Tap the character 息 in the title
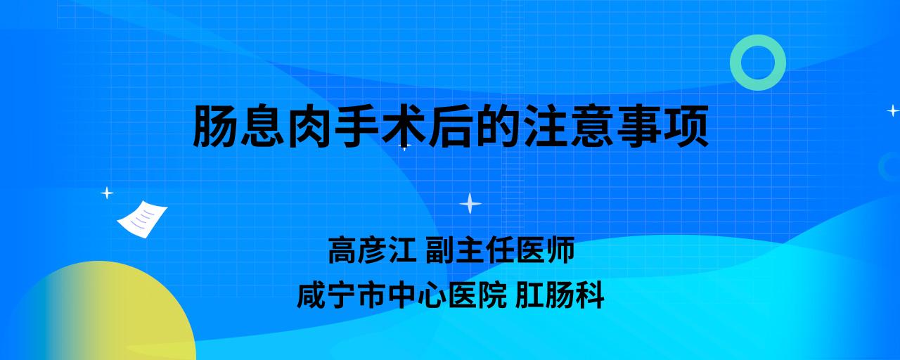pyautogui.click(x=263, y=126)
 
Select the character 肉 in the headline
pyautogui.click(x=310, y=126)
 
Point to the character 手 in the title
pyautogui.click(x=357, y=126)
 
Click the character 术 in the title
pyautogui.click(x=404, y=126)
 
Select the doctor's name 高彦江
pyautogui.click(x=373, y=250)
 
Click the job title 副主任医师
pyautogui.click(x=500, y=250)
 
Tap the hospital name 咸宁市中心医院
pyautogui.click(x=401, y=295)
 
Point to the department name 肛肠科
pyautogui.click(x=560, y=295)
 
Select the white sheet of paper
pyautogui.click(x=142, y=219)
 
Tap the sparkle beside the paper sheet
pyautogui.click(x=107, y=193)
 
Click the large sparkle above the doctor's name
pyautogui.click(x=470, y=204)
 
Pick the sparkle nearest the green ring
pyautogui.click(x=893, y=110)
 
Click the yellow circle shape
pyautogui.click(x=101, y=314)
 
